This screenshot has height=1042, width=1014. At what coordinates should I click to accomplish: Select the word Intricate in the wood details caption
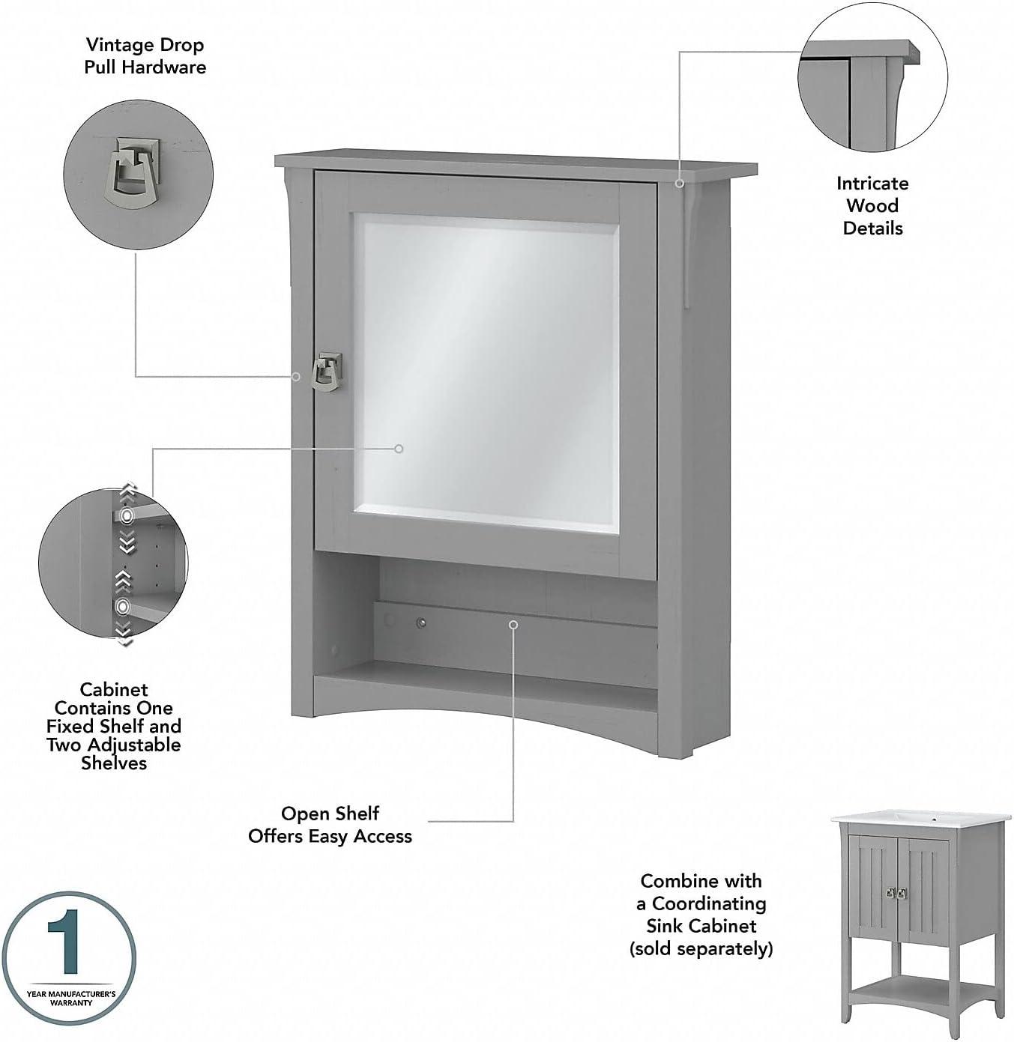[x=872, y=184]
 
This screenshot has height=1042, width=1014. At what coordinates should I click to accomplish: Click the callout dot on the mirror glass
[x=399, y=449]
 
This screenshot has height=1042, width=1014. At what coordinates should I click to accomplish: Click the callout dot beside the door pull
[x=297, y=376]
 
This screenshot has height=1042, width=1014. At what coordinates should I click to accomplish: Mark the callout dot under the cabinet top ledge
[x=679, y=183]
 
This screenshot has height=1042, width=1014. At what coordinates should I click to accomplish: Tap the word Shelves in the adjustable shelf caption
[x=114, y=763]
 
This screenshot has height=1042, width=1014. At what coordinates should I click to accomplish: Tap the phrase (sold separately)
[x=701, y=948]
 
